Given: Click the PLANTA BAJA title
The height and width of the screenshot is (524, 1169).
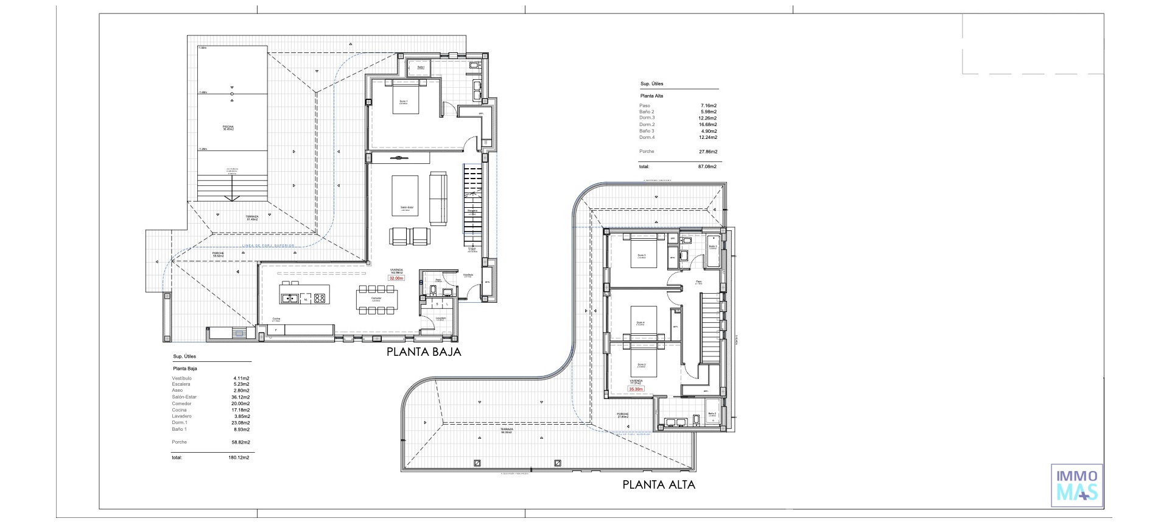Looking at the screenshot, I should pyautogui.click(x=424, y=352).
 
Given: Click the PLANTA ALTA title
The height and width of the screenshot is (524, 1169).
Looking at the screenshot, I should pyautogui.click(x=658, y=485).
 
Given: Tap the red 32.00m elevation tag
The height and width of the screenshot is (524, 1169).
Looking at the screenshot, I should pyautogui.click(x=396, y=278).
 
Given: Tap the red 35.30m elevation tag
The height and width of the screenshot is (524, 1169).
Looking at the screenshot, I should pyautogui.click(x=636, y=389).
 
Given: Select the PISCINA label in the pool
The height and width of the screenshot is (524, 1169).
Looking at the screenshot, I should pyautogui.click(x=228, y=127).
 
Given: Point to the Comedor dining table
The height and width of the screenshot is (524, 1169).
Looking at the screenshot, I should pyautogui.click(x=377, y=298).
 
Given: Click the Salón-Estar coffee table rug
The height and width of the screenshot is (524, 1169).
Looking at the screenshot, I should pyautogui.click(x=405, y=196).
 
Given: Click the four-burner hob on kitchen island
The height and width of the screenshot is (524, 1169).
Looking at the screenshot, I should pyautogui.click(x=319, y=298).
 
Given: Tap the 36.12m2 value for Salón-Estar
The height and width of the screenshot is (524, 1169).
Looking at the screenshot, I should pyautogui.click(x=242, y=397).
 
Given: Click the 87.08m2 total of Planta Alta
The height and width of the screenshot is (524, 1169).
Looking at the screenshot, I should pyautogui.click(x=707, y=166).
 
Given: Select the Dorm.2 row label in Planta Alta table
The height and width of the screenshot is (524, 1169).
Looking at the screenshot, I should pyautogui.click(x=647, y=124).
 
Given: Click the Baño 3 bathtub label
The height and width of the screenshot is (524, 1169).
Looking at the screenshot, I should pyautogui.click(x=712, y=247).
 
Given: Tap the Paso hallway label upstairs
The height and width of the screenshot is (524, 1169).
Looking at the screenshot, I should pyautogui.click(x=699, y=281).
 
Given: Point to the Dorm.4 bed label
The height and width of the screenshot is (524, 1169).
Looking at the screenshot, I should pyautogui.click(x=640, y=322).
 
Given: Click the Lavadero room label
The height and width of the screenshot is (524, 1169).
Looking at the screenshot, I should pyautogui.click(x=440, y=318).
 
